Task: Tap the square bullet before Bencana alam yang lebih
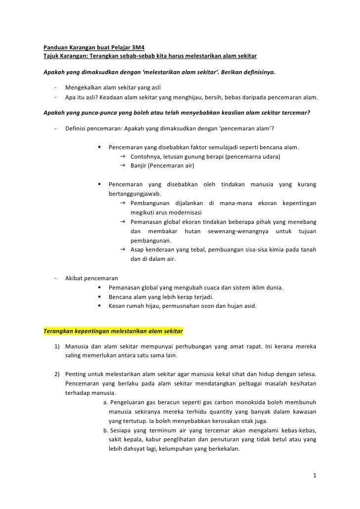(x=100, y=297)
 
